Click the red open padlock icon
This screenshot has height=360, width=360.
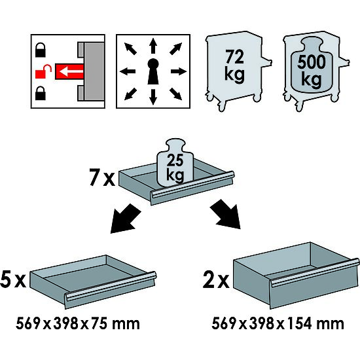coord(43,71)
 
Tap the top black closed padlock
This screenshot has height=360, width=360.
coord(41,50)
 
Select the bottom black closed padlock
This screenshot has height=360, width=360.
coord(41,93)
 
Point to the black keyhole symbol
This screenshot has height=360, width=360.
coord(153,71)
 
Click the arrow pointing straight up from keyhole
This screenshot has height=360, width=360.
coord(153,46)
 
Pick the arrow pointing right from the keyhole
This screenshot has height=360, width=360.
coord(179,71)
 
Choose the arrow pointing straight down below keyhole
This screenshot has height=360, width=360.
coord(153,97)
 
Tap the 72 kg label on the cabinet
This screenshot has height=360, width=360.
coord(234,65)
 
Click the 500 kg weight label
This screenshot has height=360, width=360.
coord(312,71)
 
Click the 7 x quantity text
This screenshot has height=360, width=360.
coord(102,177)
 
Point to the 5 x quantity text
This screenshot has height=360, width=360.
coord(13,279)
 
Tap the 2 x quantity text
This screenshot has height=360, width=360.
coord(216,279)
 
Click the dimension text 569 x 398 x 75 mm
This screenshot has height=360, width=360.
coord(78,324)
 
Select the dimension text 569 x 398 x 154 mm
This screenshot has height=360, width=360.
coord(278,324)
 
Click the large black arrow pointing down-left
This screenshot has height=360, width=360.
coord(126,219)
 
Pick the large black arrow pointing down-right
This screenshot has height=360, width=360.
coord(225,214)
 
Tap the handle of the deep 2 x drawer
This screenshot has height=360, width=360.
coord(315,273)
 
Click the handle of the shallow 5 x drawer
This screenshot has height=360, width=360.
coord(111,286)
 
